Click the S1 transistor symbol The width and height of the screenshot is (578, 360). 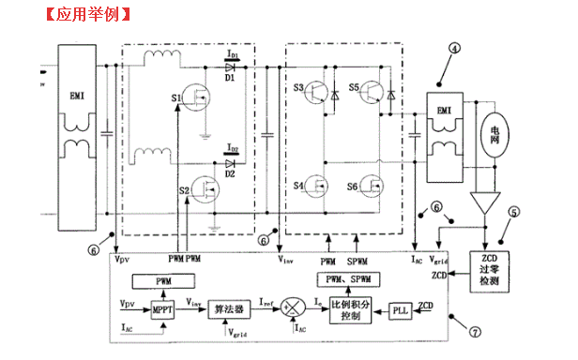tap(199, 98)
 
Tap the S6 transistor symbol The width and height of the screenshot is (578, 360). tap(374, 186)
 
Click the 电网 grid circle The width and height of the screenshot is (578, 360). tap(494, 139)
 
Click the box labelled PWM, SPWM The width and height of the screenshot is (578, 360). tap(347, 280)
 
